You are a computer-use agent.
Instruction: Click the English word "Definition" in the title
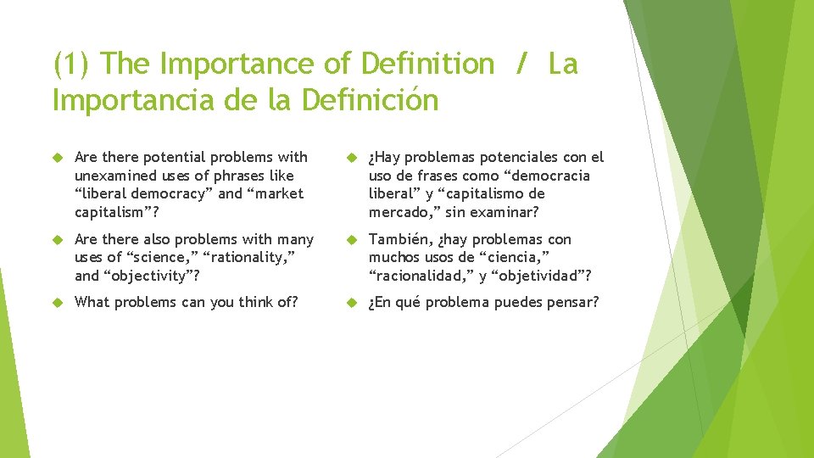(x=427, y=64)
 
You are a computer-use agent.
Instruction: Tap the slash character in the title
(x=521, y=64)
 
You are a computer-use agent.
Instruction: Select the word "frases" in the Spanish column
(x=438, y=176)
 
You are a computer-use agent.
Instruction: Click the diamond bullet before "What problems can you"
(x=59, y=303)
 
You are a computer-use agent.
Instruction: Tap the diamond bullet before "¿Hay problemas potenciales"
(x=352, y=158)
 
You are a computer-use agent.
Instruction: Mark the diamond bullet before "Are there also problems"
(x=59, y=240)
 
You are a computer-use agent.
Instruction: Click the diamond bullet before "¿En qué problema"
(x=352, y=303)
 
